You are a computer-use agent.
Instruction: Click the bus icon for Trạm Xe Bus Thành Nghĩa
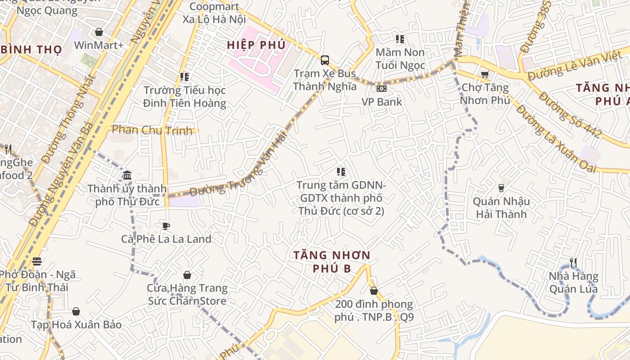324,60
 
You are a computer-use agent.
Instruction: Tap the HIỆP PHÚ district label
256,45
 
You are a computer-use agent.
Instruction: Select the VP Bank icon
382,89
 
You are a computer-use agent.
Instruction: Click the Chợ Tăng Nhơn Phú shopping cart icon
485,74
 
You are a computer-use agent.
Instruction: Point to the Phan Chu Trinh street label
154,130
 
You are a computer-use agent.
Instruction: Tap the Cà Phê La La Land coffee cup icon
166,226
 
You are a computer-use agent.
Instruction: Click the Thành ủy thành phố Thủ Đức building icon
127,175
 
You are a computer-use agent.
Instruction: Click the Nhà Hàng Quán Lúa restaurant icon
573,263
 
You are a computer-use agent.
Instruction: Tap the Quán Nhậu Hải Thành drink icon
501,188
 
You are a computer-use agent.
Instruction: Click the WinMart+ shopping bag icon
99,32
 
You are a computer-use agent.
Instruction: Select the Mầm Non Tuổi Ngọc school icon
400,39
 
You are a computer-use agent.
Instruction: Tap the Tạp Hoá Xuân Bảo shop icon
76,311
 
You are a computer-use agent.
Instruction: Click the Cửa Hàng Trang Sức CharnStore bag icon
187,275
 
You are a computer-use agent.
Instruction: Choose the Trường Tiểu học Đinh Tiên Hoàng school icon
184,77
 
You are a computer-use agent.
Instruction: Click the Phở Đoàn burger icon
37,261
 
